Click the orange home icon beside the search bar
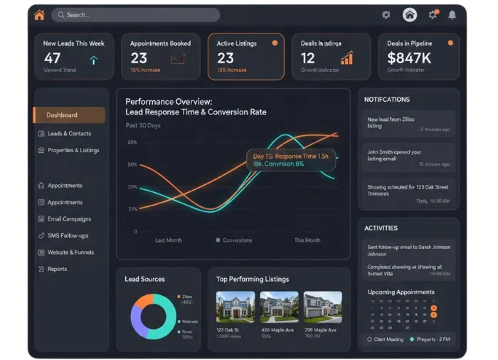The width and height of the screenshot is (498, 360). pos(39,15)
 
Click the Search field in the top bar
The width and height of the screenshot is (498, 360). pos(135,15)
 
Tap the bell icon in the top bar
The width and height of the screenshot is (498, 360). pos(452,15)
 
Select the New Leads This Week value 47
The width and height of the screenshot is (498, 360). pos(52,58)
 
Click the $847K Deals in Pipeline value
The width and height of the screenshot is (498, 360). pos(409,58)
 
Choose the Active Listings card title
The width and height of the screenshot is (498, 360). pos(236,43)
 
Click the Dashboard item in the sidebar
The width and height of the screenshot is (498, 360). pos(69,115)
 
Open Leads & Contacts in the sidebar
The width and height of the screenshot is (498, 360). pos(69,133)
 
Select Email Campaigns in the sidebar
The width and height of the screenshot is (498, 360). pos(69,219)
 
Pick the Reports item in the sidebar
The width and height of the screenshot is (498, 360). pos(57,269)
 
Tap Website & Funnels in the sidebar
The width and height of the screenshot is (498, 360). pos(70,252)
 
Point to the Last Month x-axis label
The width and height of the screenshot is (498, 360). pos(169,240)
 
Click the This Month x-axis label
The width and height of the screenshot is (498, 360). pos(307,240)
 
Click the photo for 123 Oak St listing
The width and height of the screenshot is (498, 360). pos(235,307)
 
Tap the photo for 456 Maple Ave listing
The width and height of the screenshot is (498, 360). pos(279,307)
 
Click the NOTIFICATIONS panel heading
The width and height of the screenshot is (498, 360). pos(387,100)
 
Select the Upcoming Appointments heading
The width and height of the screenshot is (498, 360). pos(401,292)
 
